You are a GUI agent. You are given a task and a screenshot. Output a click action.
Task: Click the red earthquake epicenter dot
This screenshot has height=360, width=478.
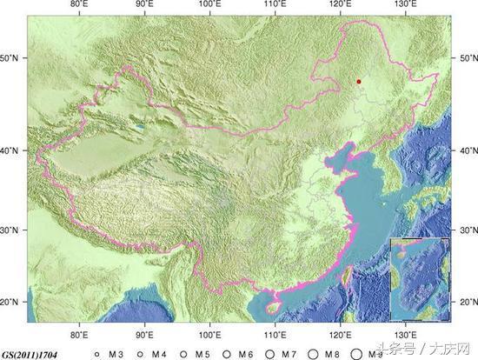coord(359,83)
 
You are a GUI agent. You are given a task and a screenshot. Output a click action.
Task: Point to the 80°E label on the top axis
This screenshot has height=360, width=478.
coord(80,5)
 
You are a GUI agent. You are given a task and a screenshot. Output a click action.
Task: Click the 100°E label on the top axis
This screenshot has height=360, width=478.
coord(209,5)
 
